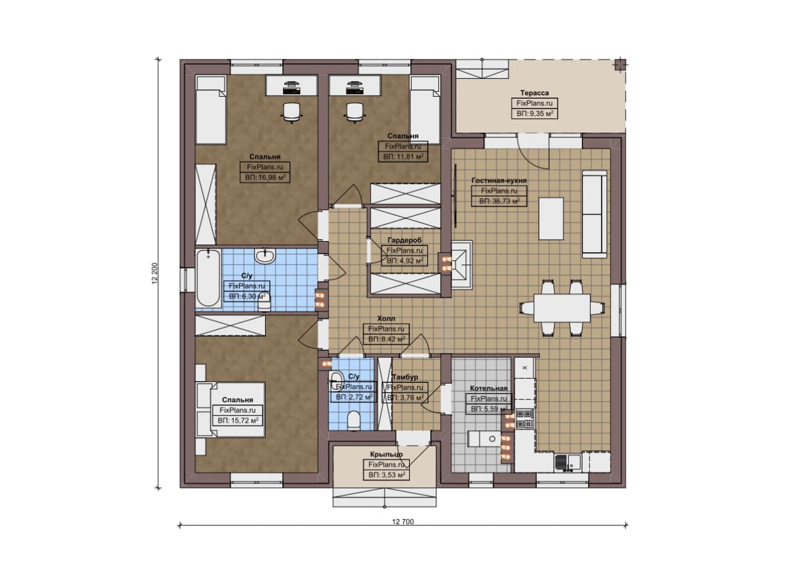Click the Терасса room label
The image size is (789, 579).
coord(534,93)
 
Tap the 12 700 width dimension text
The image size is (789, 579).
coord(403,522)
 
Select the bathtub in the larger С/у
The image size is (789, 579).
coord(208,278)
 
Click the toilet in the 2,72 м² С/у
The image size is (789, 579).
coord(353,421)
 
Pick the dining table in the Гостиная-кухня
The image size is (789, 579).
coord(562,308)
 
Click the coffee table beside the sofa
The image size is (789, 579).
coord(551,218)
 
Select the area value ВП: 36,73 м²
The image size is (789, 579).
coord(499,201)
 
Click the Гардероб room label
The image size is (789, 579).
coord(404,240)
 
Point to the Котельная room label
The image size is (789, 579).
coord(489,388)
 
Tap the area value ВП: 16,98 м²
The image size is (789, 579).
coord(265,177)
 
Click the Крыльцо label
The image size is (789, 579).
coord(386,454)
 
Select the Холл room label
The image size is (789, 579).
coord(386,319)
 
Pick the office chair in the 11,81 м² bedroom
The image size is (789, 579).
coord(354,112)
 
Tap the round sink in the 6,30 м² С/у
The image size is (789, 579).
coord(265,256)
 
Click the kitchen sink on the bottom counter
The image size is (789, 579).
coord(568,463)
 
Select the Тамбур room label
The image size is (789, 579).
coord(405,377)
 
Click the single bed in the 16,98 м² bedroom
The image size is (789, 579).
coord(211,110)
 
